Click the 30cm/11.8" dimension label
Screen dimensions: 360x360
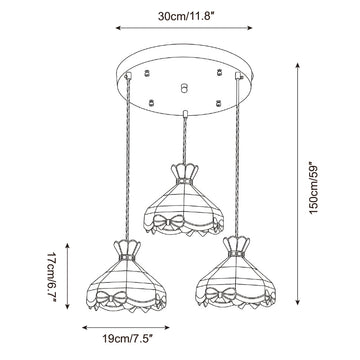(x=186, y=16)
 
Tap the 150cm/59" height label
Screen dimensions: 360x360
(x=314, y=188)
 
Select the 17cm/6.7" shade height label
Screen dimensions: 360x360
(x=52, y=277)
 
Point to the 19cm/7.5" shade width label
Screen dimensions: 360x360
(x=127, y=339)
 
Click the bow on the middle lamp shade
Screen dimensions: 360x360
(x=168, y=221)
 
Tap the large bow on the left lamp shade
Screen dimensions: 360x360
(x=111, y=297)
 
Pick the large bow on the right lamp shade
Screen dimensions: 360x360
(x=220, y=295)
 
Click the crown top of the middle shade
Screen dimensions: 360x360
(x=185, y=172)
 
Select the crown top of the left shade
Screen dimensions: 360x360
(x=127, y=248)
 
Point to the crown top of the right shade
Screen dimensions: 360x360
(x=236, y=245)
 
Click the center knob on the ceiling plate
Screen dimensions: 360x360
(x=183, y=88)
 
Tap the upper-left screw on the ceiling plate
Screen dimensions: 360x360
(x=146, y=73)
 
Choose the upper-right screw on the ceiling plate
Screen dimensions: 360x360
(x=219, y=72)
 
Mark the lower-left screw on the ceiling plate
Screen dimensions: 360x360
(x=152, y=103)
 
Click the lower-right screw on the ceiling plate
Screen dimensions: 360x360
(x=218, y=103)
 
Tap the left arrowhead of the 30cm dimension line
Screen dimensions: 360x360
(x=118, y=28)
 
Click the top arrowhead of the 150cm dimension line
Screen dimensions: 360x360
(x=297, y=65)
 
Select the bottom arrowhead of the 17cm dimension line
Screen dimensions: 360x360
(x=67, y=307)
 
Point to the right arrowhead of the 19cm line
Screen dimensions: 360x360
(x=167, y=328)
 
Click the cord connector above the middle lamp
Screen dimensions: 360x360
(x=185, y=114)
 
